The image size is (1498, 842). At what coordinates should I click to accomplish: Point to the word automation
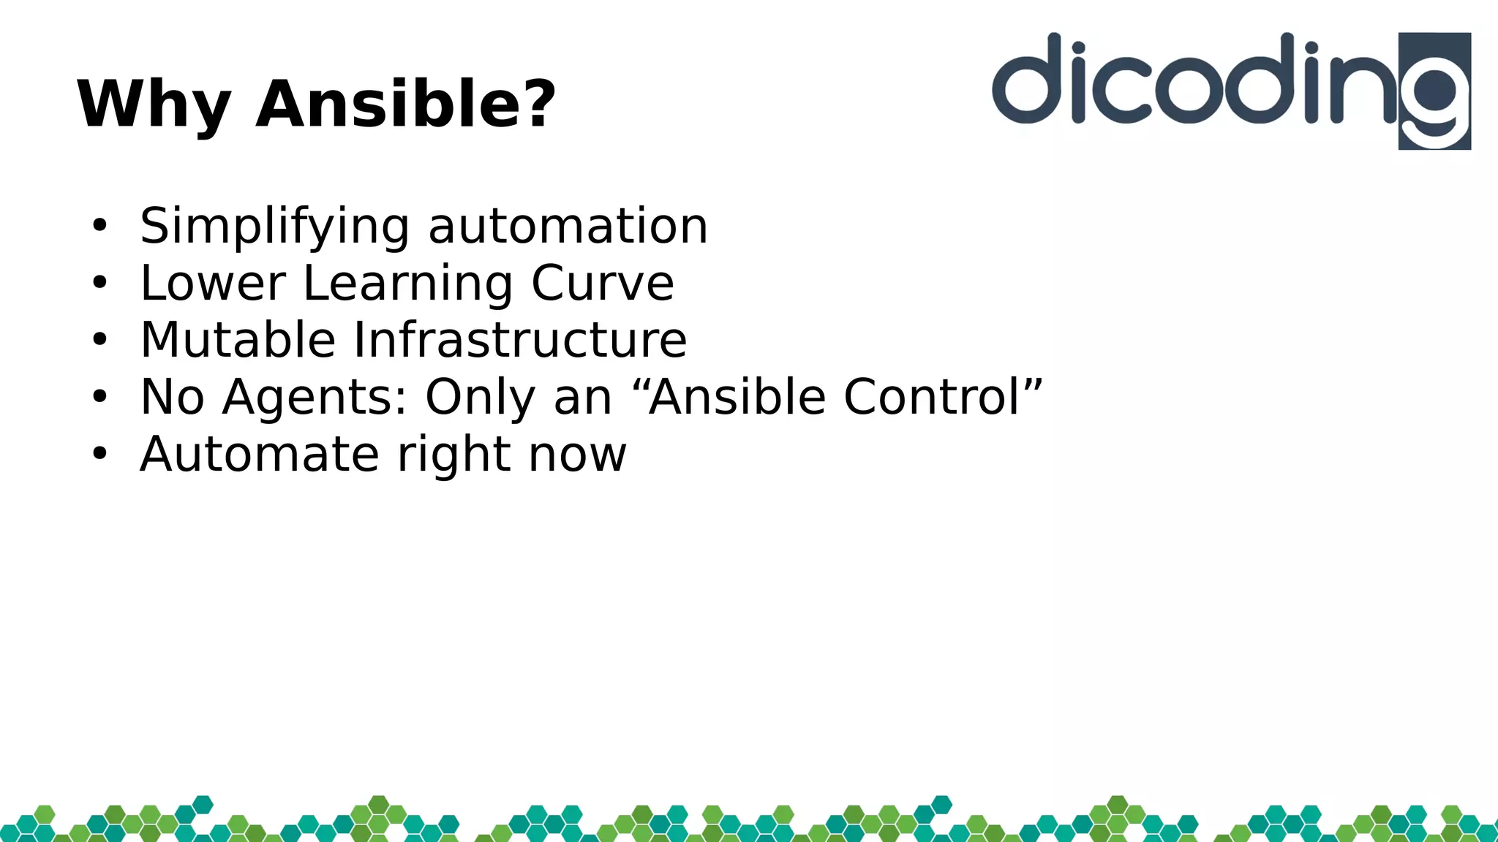(x=568, y=226)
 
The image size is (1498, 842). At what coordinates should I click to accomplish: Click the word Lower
(x=212, y=283)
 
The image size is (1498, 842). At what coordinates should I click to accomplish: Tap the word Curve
(x=602, y=283)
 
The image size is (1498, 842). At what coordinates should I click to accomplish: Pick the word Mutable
(x=237, y=340)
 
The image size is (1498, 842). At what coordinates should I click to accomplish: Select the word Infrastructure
(x=520, y=340)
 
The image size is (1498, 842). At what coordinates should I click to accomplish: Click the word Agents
(x=314, y=398)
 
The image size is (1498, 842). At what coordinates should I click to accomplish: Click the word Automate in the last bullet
(x=259, y=455)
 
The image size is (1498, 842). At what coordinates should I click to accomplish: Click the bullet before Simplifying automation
(x=99, y=226)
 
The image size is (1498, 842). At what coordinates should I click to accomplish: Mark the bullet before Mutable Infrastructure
(x=99, y=340)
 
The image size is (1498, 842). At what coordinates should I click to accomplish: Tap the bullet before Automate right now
(x=99, y=455)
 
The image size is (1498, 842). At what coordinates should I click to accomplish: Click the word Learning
(x=407, y=284)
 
